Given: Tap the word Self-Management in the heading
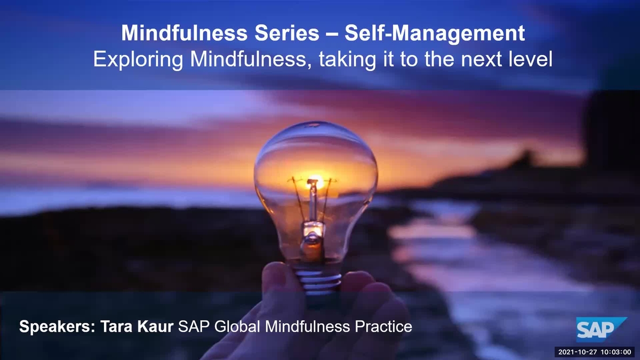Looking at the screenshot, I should point(435,34).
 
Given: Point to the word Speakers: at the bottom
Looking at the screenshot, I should point(57,326).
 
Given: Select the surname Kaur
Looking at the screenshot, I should point(155,326).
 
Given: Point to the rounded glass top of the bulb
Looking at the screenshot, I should point(316,141).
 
